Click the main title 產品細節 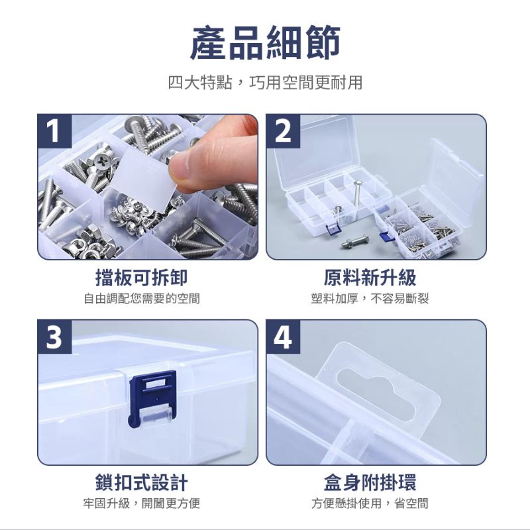[265, 44]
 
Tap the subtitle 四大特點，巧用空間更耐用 [265, 83]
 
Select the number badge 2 [283, 131]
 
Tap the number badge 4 [283, 337]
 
